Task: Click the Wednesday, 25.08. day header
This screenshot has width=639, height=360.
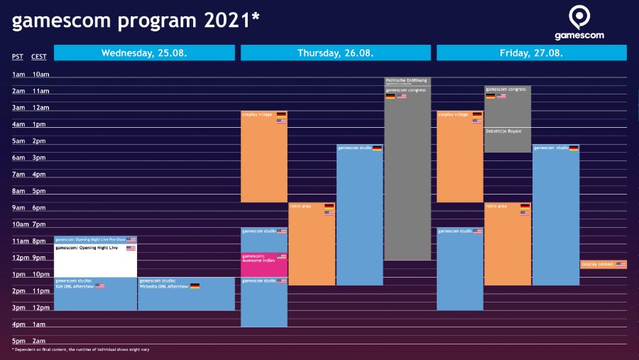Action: pos(144,53)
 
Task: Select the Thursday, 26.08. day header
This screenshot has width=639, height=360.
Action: pos(336,53)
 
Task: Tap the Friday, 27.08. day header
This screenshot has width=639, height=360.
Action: pos(531,53)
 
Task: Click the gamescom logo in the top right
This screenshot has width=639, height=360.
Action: pos(580,23)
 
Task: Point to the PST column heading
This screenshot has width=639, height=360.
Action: pos(18,57)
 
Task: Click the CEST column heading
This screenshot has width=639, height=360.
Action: pos(39,57)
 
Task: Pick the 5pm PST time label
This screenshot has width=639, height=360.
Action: pos(18,341)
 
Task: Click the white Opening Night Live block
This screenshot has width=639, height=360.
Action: pos(95,261)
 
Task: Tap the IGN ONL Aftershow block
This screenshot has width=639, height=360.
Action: pos(95,294)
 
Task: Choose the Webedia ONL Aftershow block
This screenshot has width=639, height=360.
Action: pos(186,294)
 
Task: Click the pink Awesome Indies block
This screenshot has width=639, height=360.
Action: pos(264,264)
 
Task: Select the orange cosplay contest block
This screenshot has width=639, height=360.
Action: pos(603,264)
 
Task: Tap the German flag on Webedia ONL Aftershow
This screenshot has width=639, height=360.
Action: pos(195,285)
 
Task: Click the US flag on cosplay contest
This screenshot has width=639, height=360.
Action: pos(621,264)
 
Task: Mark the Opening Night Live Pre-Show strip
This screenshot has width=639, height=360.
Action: pos(95,240)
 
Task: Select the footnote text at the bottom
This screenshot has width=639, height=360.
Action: pos(80,349)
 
